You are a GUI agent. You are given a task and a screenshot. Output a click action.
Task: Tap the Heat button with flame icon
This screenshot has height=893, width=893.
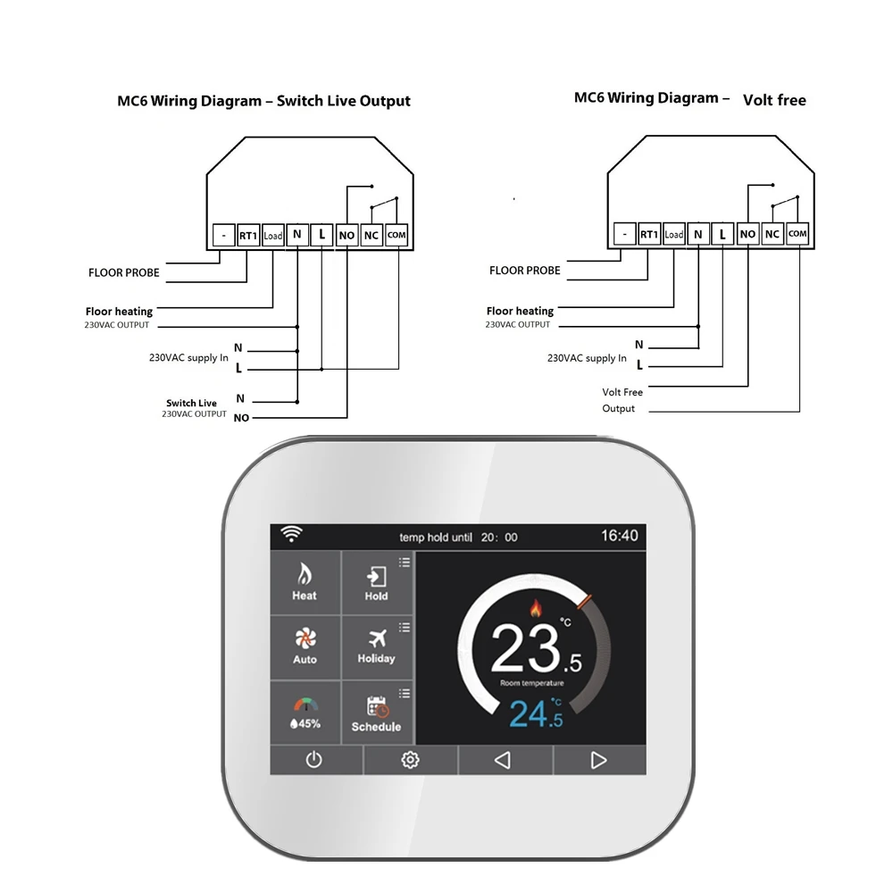(x=305, y=581)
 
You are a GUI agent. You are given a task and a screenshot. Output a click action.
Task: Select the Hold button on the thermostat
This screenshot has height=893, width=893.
(x=376, y=581)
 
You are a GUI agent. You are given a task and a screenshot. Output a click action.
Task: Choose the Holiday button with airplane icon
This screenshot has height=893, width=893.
(x=376, y=646)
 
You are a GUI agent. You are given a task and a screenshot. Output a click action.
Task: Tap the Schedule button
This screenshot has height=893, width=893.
(x=376, y=714)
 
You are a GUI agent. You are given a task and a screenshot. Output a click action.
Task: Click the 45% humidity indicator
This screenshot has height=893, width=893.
(x=305, y=714)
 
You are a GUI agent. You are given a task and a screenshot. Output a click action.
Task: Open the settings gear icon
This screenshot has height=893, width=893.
(x=410, y=760)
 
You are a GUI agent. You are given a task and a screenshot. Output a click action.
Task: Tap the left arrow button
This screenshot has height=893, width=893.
(x=503, y=760)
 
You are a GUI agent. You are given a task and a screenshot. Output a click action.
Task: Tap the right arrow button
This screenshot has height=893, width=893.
(x=598, y=760)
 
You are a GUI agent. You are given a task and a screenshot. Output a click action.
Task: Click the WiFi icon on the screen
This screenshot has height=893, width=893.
(x=291, y=534)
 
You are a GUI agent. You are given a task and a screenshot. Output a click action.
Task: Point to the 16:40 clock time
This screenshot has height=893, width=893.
(x=619, y=536)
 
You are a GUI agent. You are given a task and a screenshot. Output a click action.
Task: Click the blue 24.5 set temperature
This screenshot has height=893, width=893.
(x=536, y=715)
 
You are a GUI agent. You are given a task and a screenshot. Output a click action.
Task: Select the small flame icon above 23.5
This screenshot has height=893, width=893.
(x=536, y=608)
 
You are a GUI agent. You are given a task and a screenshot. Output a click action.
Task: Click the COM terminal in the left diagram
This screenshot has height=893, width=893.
(x=396, y=236)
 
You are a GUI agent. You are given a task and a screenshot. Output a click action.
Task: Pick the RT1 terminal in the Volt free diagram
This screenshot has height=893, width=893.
(x=649, y=235)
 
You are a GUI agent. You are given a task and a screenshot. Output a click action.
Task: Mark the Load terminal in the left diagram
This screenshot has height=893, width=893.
(x=273, y=236)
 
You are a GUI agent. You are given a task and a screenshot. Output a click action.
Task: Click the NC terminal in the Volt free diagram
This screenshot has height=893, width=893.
(x=772, y=234)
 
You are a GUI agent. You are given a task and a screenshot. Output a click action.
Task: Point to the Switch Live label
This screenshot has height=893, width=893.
(x=191, y=404)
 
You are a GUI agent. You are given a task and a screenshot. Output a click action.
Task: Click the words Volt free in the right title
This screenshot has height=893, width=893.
(x=774, y=100)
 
